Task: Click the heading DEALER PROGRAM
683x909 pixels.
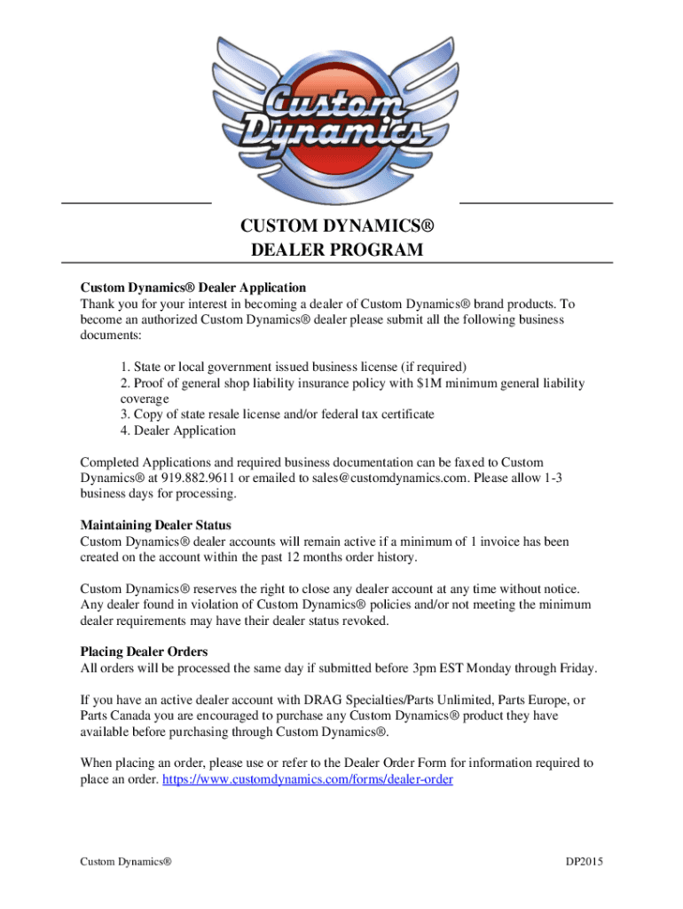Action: tap(337, 250)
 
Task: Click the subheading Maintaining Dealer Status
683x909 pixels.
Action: tap(156, 526)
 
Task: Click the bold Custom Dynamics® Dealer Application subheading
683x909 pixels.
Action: tap(193, 288)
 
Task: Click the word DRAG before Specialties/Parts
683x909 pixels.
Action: tap(311, 700)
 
